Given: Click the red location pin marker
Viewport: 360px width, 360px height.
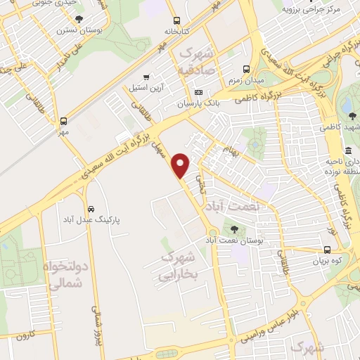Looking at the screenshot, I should click(181, 165).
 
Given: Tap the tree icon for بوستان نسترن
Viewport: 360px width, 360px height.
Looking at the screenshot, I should click(78, 19).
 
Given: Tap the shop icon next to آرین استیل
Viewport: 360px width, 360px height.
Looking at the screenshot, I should click(146, 77).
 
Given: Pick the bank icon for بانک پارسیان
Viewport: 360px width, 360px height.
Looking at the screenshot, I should click(198, 92).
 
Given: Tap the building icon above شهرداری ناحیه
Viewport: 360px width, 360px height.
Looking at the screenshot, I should click(349, 151).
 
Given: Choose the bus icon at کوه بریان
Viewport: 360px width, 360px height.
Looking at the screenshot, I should click(327, 250).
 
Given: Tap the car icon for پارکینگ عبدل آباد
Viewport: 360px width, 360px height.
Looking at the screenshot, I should click(91, 209).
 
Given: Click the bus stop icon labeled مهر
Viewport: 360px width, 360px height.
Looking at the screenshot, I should click(64, 120).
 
